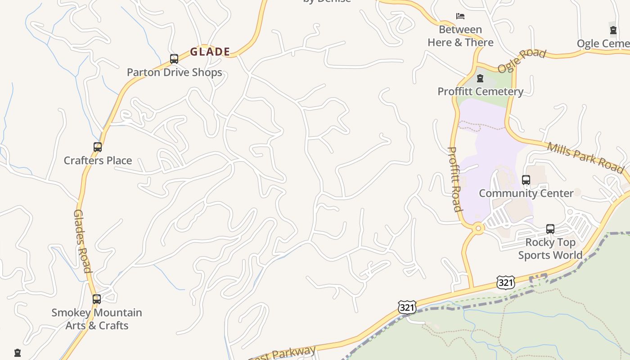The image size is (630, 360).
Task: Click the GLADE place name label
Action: coord(210,52)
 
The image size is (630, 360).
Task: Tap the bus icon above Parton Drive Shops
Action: coord(174,59)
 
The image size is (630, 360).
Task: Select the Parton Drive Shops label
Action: coord(174,72)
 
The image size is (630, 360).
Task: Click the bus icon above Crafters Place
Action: coord(98,147)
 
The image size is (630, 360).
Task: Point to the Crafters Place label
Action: coord(98,161)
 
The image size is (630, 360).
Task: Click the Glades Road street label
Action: coord(82,241)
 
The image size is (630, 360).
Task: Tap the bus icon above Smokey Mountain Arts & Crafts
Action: coord(97,299)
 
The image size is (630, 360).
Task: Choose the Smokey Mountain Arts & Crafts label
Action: coord(97,319)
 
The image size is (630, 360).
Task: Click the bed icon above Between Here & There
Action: coord(460,16)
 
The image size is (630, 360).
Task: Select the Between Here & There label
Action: coord(460,36)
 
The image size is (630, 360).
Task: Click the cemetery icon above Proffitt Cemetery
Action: coord(480,79)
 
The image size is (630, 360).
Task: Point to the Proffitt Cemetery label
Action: coord(480,92)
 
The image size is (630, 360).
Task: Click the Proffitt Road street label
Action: coord(455,179)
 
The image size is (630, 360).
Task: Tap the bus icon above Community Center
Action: coord(526,180)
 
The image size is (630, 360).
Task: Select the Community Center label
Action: coord(526,193)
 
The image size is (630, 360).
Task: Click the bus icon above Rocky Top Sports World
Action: coord(550,229)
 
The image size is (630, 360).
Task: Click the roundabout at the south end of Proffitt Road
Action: coord(478,229)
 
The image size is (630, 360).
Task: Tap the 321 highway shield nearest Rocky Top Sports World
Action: coord(506,283)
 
